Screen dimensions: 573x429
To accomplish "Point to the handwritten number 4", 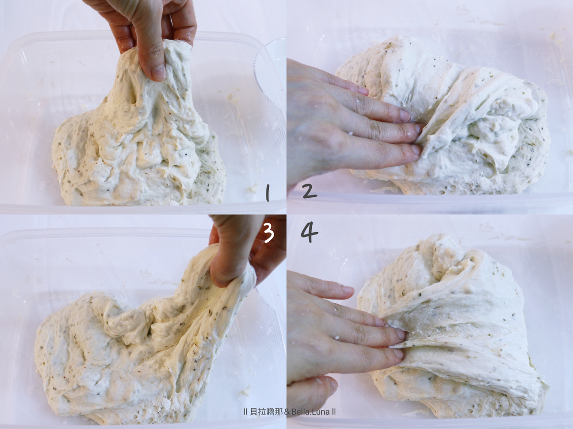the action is click(309, 232).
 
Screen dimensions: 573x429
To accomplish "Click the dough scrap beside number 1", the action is click(252, 187).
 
